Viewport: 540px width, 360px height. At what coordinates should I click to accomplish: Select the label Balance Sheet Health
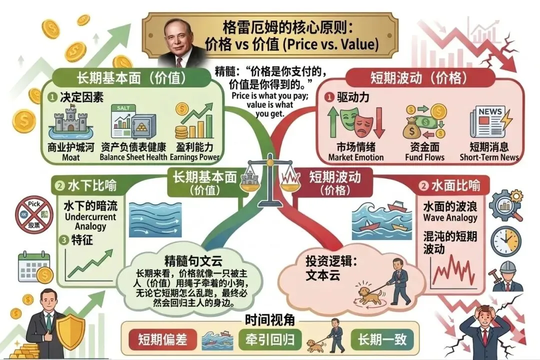click(133, 157)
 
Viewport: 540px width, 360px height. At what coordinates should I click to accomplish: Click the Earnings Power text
click(194, 157)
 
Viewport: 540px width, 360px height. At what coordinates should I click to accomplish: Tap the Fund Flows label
click(424, 157)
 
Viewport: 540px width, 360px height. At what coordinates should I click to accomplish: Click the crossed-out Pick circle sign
click(33, 214)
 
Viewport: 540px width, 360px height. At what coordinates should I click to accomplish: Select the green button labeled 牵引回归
click(270, 339)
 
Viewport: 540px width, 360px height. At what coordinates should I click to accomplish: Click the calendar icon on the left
click(34, 265)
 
